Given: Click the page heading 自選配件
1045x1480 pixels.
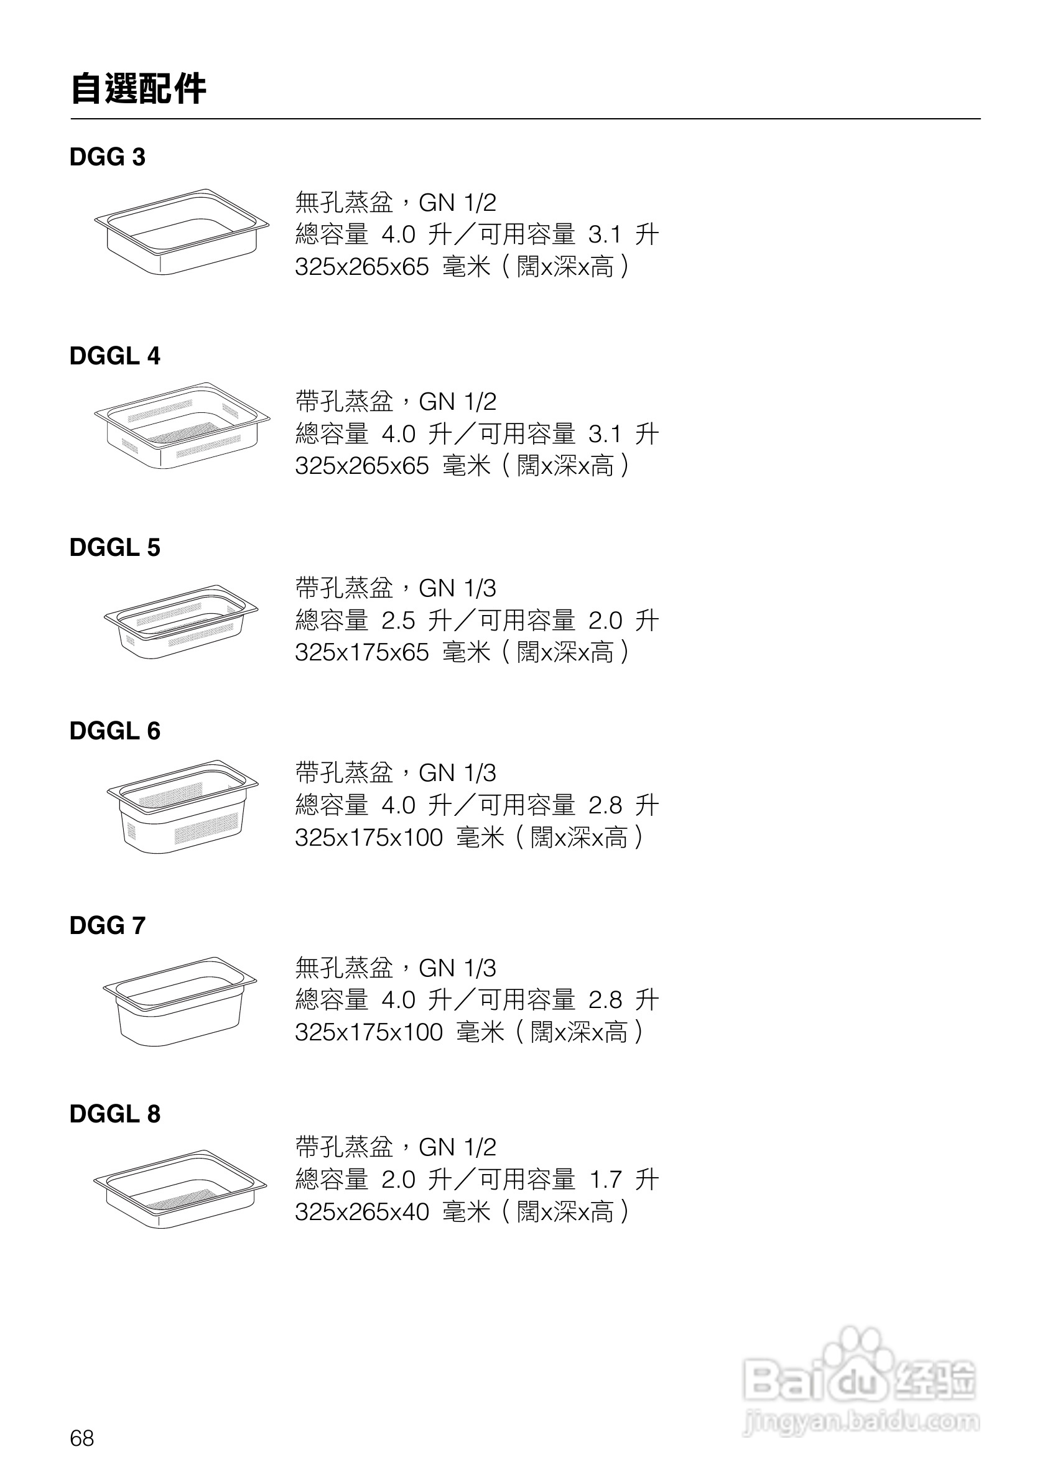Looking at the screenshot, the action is point(138,88).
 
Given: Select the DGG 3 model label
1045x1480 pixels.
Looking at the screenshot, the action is point(107,157).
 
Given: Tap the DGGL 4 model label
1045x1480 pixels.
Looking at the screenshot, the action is point(114,356).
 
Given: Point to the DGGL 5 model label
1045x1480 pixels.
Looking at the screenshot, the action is point(114,547).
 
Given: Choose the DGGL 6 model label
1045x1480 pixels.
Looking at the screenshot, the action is point(114,731).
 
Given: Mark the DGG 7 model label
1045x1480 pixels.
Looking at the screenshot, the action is point(107,926).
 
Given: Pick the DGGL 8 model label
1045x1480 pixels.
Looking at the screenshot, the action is point(114,1114).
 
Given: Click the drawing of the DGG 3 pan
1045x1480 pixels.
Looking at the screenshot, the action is point(182,231).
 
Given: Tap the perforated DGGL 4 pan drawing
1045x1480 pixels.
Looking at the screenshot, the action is point(182,425).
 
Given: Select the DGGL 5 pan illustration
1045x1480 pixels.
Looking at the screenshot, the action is point(181,621).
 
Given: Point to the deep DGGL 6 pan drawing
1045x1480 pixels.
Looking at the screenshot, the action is point(182,807).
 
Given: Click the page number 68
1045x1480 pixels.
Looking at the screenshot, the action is point(82,1438).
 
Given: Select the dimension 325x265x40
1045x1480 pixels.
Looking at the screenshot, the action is point(361,1212).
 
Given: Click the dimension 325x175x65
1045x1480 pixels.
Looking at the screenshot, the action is point(361,652).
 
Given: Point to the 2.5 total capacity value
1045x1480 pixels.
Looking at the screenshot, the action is point(397,621).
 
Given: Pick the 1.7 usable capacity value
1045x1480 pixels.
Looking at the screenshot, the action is point(605,1180).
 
